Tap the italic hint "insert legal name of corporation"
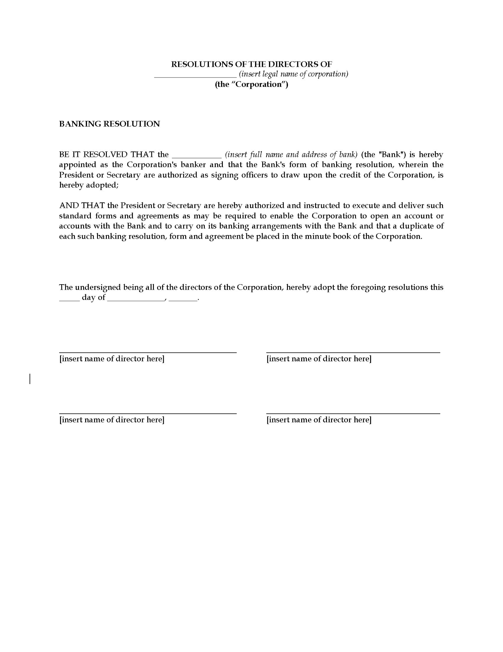tap(294, 74)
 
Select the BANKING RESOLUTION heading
tap(110, 124)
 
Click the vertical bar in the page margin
tap(30, 378)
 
